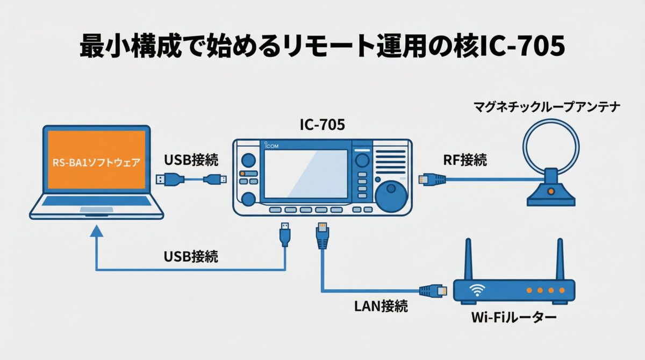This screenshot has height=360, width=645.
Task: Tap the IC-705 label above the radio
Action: coord(322,125)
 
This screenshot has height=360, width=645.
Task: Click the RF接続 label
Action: coord(465,159)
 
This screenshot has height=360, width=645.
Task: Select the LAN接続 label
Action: coord(381,306)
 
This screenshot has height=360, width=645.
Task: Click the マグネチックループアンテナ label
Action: coord(546,107)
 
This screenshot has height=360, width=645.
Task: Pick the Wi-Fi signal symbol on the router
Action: coord(476,290)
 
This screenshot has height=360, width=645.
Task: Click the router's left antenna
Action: coord(468,258)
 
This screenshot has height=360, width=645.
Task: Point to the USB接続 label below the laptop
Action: coord(191,256)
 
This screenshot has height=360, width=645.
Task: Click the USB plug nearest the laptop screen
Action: coord(164,179)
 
